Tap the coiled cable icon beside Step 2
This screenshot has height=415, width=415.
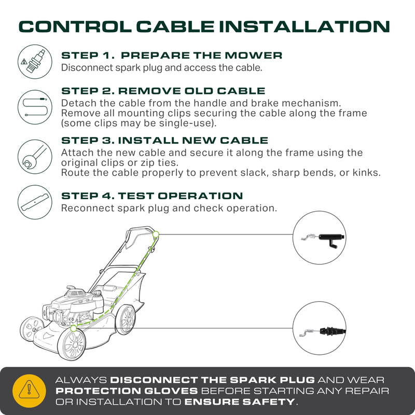tap(35, 107)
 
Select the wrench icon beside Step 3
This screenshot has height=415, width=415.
tap(35, 157)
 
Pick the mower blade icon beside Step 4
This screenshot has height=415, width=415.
tap(35, 202)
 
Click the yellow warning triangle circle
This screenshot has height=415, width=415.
tap(29, 391)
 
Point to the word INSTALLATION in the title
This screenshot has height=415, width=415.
tap(305, 27)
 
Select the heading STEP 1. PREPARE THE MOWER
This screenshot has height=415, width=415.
tap(172, 56)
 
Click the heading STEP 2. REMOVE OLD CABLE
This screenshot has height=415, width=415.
tap(163, 91)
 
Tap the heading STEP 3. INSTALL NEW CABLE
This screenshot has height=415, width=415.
tap(164, 140)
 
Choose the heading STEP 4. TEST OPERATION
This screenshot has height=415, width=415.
tap(152, 196)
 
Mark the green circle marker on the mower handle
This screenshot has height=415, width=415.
tap(156, 234)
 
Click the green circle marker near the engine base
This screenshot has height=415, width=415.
tap(73, 328)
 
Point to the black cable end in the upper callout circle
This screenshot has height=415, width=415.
tap(331, 239)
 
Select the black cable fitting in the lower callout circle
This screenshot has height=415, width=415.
tap(333, 331)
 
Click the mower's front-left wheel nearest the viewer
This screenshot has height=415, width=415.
tap(72, 344)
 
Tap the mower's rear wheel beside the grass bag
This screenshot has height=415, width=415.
tap(126, 320)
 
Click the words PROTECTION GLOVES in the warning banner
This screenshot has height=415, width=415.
tap(127, 391)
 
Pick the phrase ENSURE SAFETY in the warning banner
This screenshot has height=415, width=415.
tap(240, 402)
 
